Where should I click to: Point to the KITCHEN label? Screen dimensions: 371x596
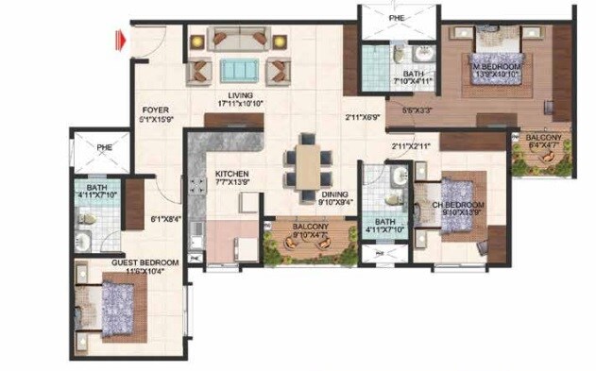(231, 175)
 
